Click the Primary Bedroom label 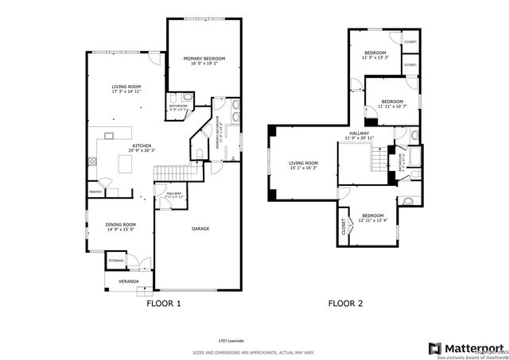point(204,59)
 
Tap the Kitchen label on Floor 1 point(142,145)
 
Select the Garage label point(200,229)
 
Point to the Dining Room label point(121,224)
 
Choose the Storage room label point(116,260)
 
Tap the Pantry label point(95,192)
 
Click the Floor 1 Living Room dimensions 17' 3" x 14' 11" point(126,92)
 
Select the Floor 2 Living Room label point(302,163)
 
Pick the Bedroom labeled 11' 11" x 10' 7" point(391,102)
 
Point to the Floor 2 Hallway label point(359,134)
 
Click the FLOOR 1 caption point(165,304)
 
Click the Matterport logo point(466,347)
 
